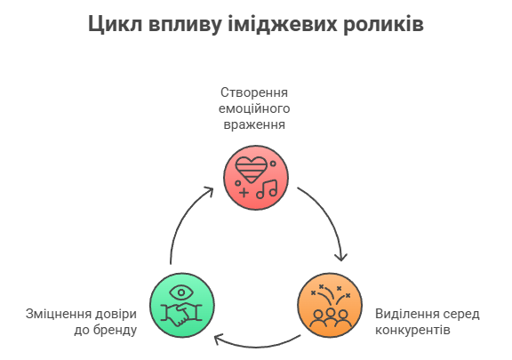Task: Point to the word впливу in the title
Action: pyautogui.click(x=185, y=25)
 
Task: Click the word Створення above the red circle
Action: pyautogui.click(x=254, y=92)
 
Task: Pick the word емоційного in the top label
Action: pyautogui.click(x=254, y=108)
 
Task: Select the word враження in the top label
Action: pyautogui.click(x=254, y=124)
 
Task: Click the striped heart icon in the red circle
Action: pyautogui.click(x=251, y=170)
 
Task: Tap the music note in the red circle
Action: pyautogui.click(x=267, y=189)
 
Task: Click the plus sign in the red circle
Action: pyautogui.click(x=244, y=192)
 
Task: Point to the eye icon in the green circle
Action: pyautogui.click(x=181, y=292)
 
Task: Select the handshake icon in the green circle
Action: pyautogui.click(x=181, y=315)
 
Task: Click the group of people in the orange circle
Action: pyautogui.click(x=330, y=318)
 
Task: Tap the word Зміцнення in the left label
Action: pyautogui.click(x=59, y=314)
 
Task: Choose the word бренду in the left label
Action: pyautogui.click(x=115, y=330)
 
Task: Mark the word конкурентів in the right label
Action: pyautogui.click(x=412, y=330)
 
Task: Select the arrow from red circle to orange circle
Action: pyautogui.click(x=329, y=216)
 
